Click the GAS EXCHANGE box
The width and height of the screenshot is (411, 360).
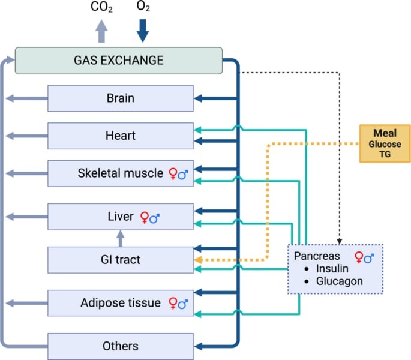point(118,61)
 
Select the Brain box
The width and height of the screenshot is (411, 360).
point(121,98)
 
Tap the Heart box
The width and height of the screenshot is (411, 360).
point(121,136)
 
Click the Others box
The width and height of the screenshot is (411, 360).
point(121,346)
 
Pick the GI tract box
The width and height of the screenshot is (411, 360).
point(121,260)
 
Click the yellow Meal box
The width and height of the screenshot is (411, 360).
point(385,143)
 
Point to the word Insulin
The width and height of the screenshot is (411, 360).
point(332,268)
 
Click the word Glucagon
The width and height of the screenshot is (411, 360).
point(340,281)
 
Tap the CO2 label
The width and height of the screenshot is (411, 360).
point(101,7)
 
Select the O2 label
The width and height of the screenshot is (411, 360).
point(143,6)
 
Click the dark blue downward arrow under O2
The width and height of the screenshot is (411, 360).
point(143,31)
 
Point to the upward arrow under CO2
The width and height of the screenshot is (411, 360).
point(101,31)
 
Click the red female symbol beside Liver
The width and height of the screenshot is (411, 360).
point(145,217)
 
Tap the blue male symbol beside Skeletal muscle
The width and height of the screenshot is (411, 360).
point(183,175)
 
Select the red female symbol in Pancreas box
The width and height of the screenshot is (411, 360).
point(359,257)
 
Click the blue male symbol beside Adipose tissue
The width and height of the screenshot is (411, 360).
point(183,304)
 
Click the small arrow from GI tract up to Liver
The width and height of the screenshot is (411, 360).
point(121,238)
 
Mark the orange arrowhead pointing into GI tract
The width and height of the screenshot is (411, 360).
point(198,260)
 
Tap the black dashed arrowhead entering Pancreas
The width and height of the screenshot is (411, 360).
point(340,241)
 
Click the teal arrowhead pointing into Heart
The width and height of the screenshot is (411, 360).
point(197,130)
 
